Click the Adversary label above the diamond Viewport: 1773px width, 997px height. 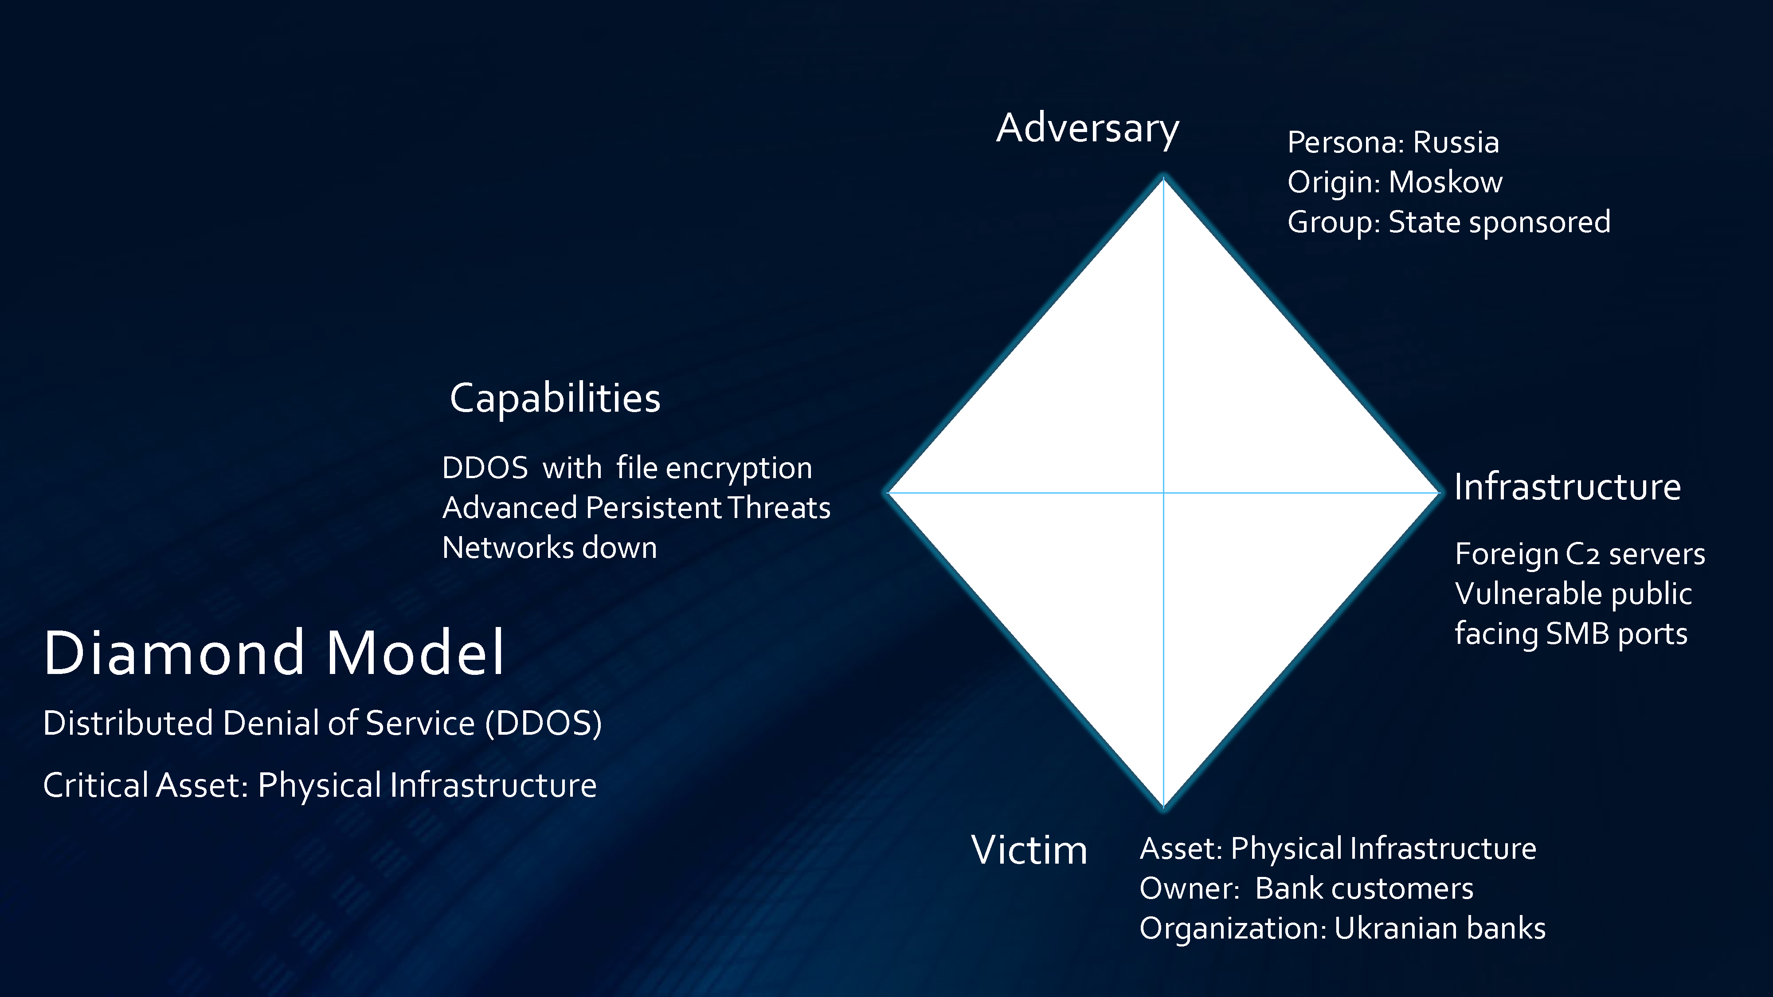tap(1088, 129)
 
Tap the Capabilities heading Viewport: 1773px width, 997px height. tap(555, 398)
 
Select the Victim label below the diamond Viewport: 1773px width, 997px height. tap(1029, 850)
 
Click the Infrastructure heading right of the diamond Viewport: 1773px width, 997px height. tap(1567, 487)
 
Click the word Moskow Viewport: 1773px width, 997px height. tap(1445, 182)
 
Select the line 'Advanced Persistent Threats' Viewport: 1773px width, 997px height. tap(636, 508)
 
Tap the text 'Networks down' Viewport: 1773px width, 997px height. tap(549, 548)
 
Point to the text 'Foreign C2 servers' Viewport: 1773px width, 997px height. tap(1580, 554)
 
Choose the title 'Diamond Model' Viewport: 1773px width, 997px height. tap(274, 652)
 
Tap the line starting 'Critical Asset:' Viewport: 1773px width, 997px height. tap(319, 786)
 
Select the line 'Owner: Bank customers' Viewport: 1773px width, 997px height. tap(1306, 889)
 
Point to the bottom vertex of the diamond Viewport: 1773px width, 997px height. tap(1163, 809)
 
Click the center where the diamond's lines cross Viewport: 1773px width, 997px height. tap(1163, 493)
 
